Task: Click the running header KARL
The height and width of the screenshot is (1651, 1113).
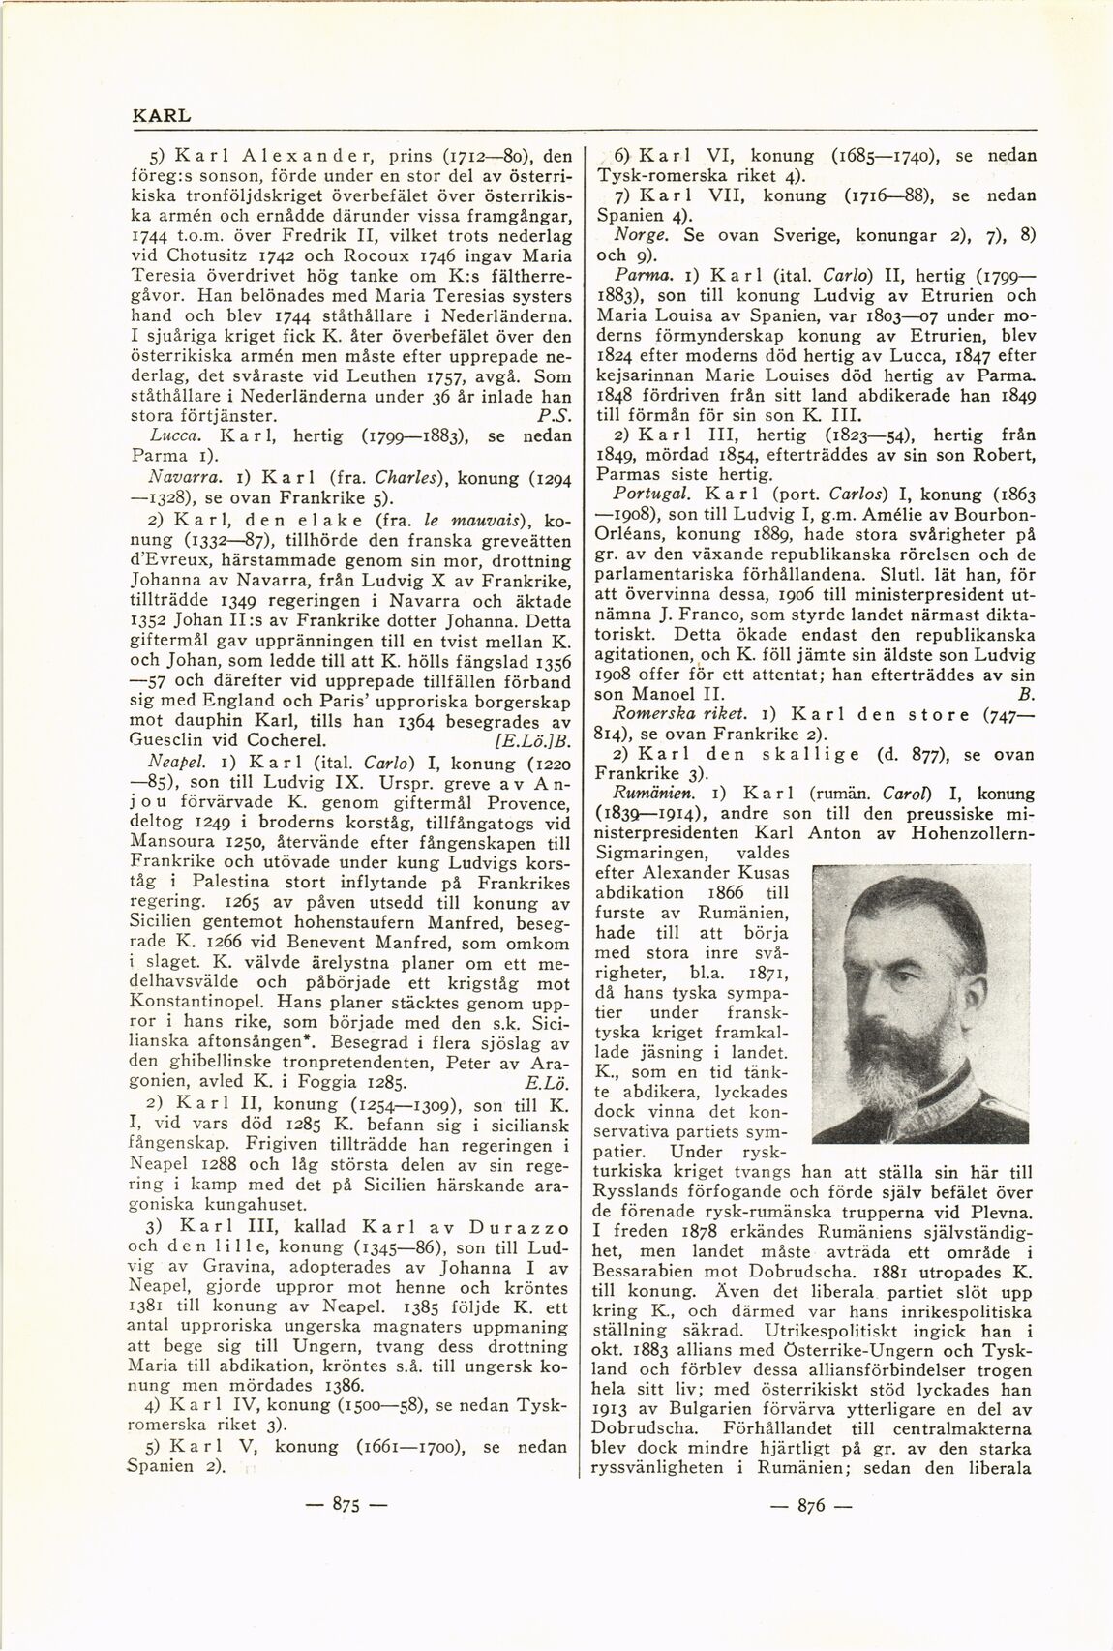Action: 161,114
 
